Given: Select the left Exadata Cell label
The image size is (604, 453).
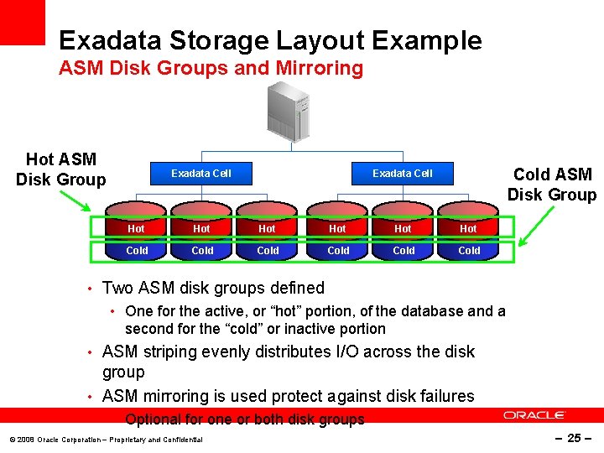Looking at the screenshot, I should tap(201, 174).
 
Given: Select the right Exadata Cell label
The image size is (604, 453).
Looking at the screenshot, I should tap(403, 174).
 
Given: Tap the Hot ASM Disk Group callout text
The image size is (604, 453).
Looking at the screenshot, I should tap(61, 169).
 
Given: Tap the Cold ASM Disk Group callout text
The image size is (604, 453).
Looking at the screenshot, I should tap(551, 185).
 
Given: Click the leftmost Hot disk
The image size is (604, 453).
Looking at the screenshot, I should tap(136, 228).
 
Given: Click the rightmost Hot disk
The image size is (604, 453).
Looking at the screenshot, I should tap(468, 228).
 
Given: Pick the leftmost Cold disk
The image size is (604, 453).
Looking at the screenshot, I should tap(136, 250).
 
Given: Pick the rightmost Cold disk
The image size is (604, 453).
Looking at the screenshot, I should tap(468, 250).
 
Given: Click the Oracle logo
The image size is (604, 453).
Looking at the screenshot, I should tap(534, 415).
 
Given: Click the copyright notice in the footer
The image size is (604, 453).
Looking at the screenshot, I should tap(105, 440).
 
